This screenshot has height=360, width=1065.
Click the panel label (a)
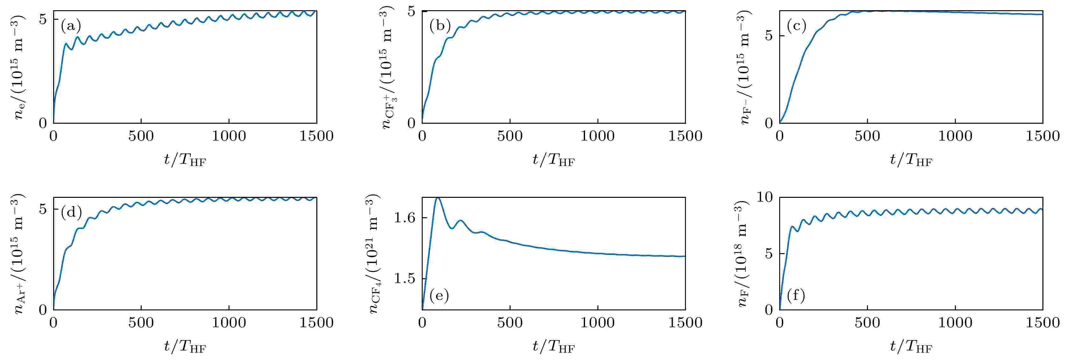click(x=71, y=26)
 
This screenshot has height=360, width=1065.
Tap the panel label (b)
click(x=440, y=26)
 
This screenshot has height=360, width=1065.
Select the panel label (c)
click(x=796, y=26)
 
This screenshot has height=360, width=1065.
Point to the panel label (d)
click(x=71, y=212)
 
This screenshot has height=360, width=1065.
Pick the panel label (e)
click(x=439, y=296)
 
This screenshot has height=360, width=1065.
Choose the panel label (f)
click(x=796, y=296)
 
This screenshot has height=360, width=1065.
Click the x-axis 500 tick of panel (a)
click(x=141, y=136)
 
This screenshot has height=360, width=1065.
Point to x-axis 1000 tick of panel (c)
click(x=955, y=136)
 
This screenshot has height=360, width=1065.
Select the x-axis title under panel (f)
click(x=911, y=347)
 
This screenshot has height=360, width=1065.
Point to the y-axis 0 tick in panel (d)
click(x=43, y=309)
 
